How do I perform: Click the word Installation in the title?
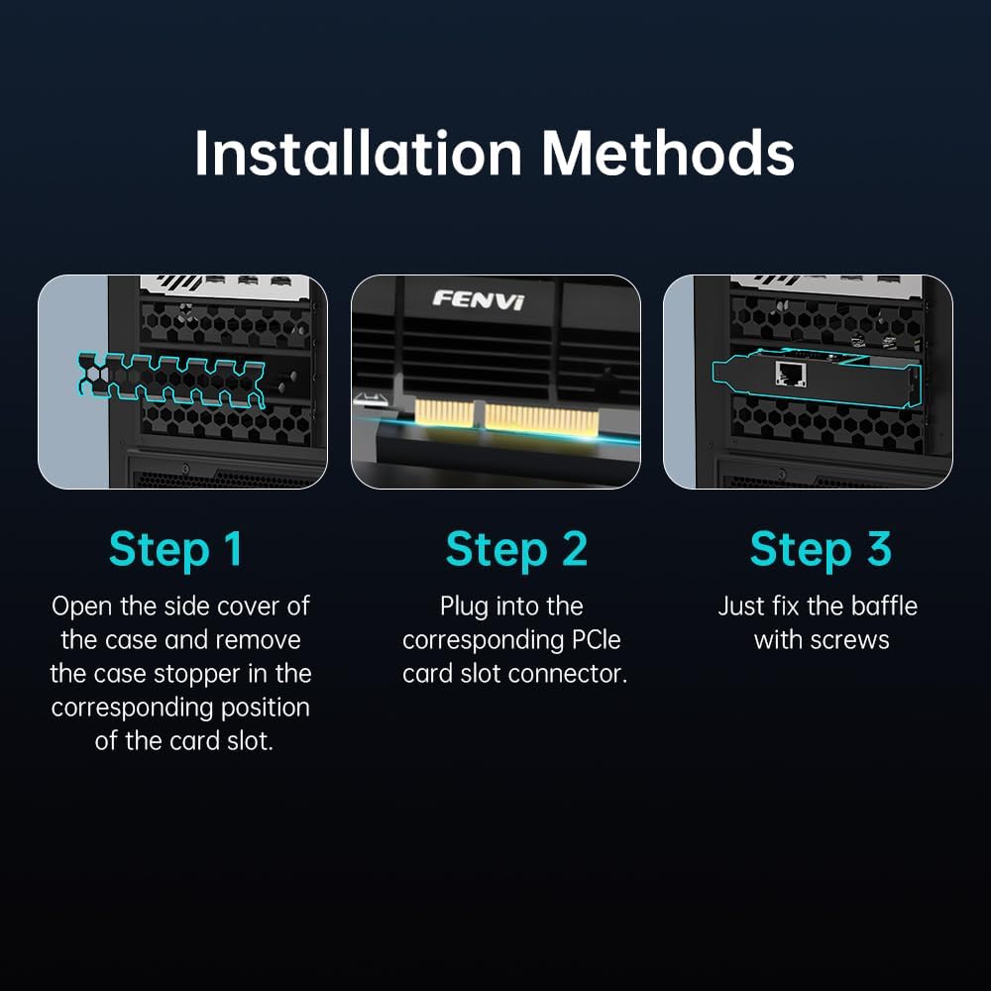[359, 153]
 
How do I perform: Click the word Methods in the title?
[668, 153]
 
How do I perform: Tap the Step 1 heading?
[175, 549]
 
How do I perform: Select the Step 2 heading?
[516, 549]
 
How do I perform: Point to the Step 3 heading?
[821, 549]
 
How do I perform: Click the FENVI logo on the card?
[479, 299]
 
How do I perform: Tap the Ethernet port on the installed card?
[791, 374]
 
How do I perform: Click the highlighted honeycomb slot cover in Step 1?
[170, 380]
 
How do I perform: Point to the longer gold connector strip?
[540, 419]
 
